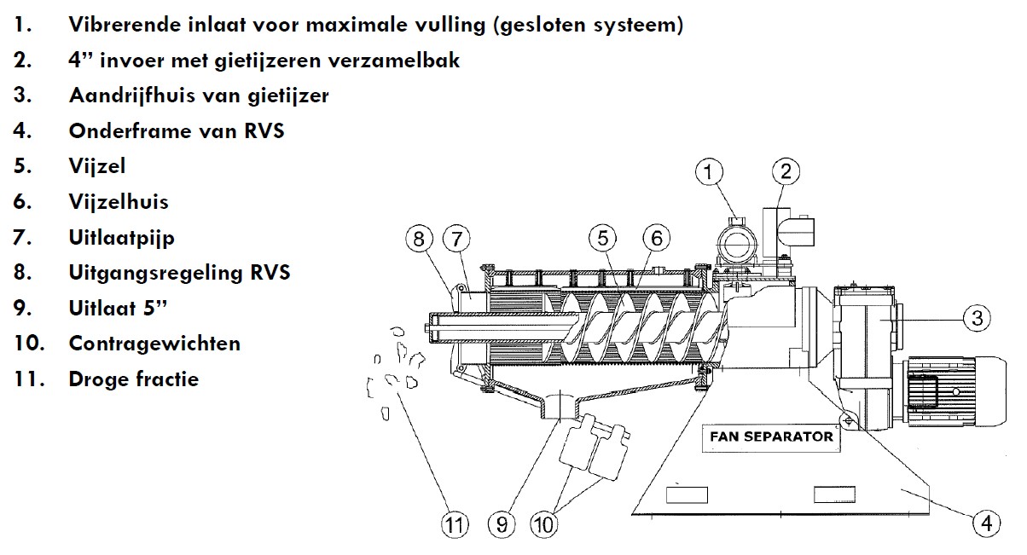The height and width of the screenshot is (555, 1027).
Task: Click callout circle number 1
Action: click(x=707, y=173)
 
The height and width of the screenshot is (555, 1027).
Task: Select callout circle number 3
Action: click(x=977, y=319)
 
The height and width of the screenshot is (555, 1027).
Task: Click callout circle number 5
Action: click(x=605, y=240)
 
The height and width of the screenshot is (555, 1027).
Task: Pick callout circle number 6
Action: click(x=656, y=240)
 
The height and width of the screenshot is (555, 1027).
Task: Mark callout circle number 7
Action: click(x=457, y=240)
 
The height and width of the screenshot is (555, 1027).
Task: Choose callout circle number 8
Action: click(x=419, y=240)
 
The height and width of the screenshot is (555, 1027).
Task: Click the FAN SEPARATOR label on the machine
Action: click(x=771, y=436)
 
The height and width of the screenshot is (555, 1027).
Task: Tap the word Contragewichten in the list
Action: click(x=154, y=344)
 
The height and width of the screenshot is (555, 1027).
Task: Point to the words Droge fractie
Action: click(x=133, y=379)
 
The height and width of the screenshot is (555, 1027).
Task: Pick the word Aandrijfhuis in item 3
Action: click(x=127, y=95)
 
